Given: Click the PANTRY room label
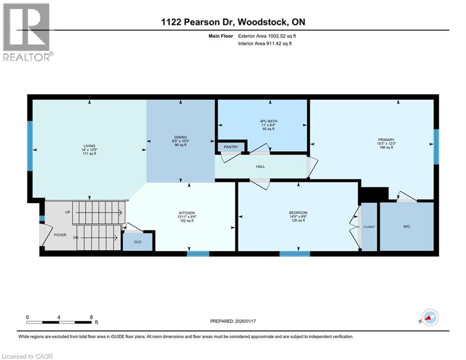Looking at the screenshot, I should pyautogui.click(x=231, y=147).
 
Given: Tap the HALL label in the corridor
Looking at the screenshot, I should pyautogui.click(x=260, y=166).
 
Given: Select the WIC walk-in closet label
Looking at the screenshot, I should pyautogui.click(x=406, y=226).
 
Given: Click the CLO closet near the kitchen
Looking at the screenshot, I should pyautogui.click(x=137, y=242).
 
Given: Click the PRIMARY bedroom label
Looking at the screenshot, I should pyautogui.click(x=386, y=139).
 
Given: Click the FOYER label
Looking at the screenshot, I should pyautogui.click(x=60, y=235).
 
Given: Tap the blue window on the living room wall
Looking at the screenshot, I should pyautogui.click(x=30, y=146).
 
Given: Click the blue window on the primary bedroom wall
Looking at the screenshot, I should pyautogui.click(x=436, y=147).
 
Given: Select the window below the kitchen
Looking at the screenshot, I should pyautogui.click(x=197, y=254).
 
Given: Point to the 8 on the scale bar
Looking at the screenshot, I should pyautogui.click(x=90, y=317).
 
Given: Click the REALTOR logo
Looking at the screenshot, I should pyautogui.click(x=27, y=32).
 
